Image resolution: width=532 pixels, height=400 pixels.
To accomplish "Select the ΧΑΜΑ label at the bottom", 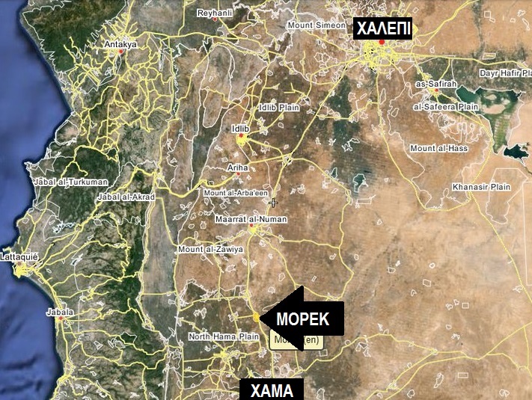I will pos(272,390).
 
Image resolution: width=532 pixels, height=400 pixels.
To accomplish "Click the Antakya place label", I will pos(120,45).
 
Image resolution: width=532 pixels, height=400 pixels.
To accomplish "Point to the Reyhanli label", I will pos(216,13).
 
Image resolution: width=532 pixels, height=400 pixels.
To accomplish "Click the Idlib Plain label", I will pos(278,108).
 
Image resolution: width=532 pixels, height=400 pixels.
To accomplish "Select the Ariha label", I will pos(237,169).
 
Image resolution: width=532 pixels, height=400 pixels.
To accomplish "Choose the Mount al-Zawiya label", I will pos(210,249).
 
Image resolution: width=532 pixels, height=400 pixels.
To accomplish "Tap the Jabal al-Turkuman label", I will pos(61,182).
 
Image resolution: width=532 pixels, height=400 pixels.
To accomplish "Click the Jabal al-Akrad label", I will pos(126,197).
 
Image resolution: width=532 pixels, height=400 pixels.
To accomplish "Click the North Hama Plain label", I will pos(223,337).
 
